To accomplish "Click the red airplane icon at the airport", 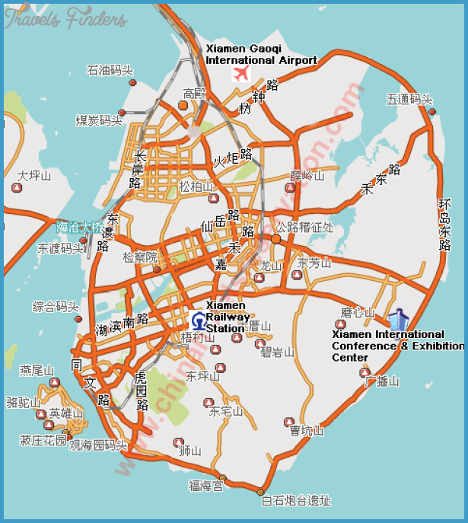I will coord(242,74).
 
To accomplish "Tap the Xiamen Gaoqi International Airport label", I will coord(261,55).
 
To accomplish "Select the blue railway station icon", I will coord(198,320).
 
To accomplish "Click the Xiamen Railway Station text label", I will coord(226,317).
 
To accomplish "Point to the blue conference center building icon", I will coord(396,320).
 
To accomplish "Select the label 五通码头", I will coord(409,99).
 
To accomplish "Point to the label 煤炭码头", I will coord(99,120).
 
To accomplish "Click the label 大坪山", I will coord(34,176).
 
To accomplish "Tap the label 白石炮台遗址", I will coord(296,500).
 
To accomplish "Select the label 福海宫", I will coord(205,485).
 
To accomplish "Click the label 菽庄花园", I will coord(43,440).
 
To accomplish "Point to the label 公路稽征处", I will coord(304,227).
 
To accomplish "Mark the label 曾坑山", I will coord(307,431).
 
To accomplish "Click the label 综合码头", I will coord(56,307).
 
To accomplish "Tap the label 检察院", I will coord(139,257).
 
